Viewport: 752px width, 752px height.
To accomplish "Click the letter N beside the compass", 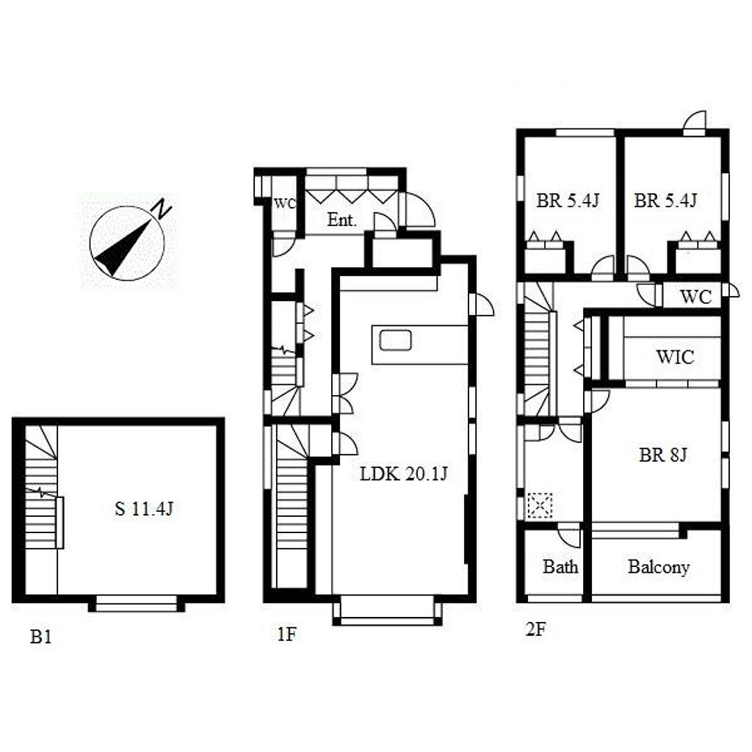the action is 162,209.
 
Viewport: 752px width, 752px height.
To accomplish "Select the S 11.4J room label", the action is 144,508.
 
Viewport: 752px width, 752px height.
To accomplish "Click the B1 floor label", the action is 41,637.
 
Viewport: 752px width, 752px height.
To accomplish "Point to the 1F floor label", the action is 287,634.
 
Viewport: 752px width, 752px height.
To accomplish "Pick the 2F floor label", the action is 535,629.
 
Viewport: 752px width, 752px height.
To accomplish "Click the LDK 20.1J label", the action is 404,474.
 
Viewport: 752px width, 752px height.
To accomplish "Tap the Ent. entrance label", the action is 342,220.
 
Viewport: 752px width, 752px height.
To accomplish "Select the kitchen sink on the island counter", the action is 396,340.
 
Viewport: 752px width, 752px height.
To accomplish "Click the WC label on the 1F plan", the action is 284,203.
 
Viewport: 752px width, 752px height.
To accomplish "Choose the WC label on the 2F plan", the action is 695,297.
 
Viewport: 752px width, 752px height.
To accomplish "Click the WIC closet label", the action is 676,357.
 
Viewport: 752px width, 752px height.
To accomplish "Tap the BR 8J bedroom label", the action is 663,454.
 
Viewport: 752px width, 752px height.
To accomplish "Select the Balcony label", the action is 659,567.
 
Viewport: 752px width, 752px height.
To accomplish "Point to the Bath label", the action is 560,567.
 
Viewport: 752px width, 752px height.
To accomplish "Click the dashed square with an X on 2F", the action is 540,505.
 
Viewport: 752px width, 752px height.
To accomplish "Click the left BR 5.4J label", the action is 568,200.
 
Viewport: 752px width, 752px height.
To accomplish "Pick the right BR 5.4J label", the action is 665,200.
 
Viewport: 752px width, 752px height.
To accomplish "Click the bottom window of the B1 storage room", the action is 137,604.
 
